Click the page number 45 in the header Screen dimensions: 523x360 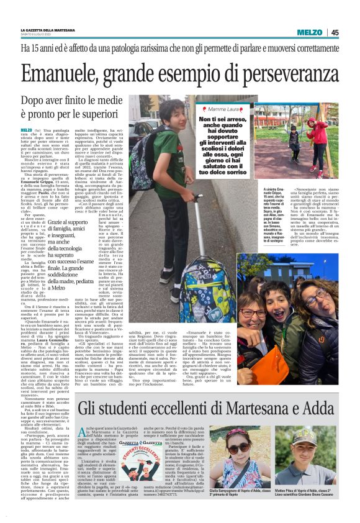[x=335, y=33]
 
